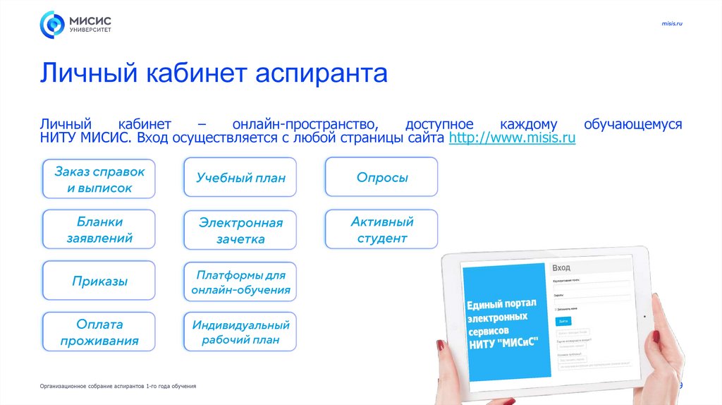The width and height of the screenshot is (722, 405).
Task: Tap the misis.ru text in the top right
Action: (x=672, y=25)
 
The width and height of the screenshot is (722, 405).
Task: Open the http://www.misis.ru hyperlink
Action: (x=512, y=138)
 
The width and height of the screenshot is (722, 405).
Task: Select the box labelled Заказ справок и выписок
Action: (x=99, y=179)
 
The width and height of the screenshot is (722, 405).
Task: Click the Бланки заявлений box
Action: (x=99, y=229)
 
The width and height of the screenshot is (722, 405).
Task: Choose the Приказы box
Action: (x=99, y=281)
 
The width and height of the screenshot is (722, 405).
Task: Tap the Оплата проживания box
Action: (x=99, y=332)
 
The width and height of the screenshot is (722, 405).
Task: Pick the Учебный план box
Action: (x=240, y=177)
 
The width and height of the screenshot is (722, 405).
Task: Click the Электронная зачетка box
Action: (x=240, y=230)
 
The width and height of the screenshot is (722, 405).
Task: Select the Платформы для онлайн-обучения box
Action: (x=240, y=282)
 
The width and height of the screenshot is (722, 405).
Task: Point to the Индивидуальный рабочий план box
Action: (x=240, y=332)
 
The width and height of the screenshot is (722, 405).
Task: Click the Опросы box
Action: (x=381, y=177)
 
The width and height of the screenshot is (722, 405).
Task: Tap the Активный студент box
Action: (x=381, y=229)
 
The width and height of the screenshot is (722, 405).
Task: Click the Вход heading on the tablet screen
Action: (x=562, y=268)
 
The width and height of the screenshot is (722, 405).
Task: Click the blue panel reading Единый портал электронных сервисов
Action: (x=505, y=321)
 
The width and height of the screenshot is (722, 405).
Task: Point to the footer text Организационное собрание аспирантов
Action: (x=118, y=387)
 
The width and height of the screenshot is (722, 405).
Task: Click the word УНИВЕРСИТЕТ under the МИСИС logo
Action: (x=90, y=30)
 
